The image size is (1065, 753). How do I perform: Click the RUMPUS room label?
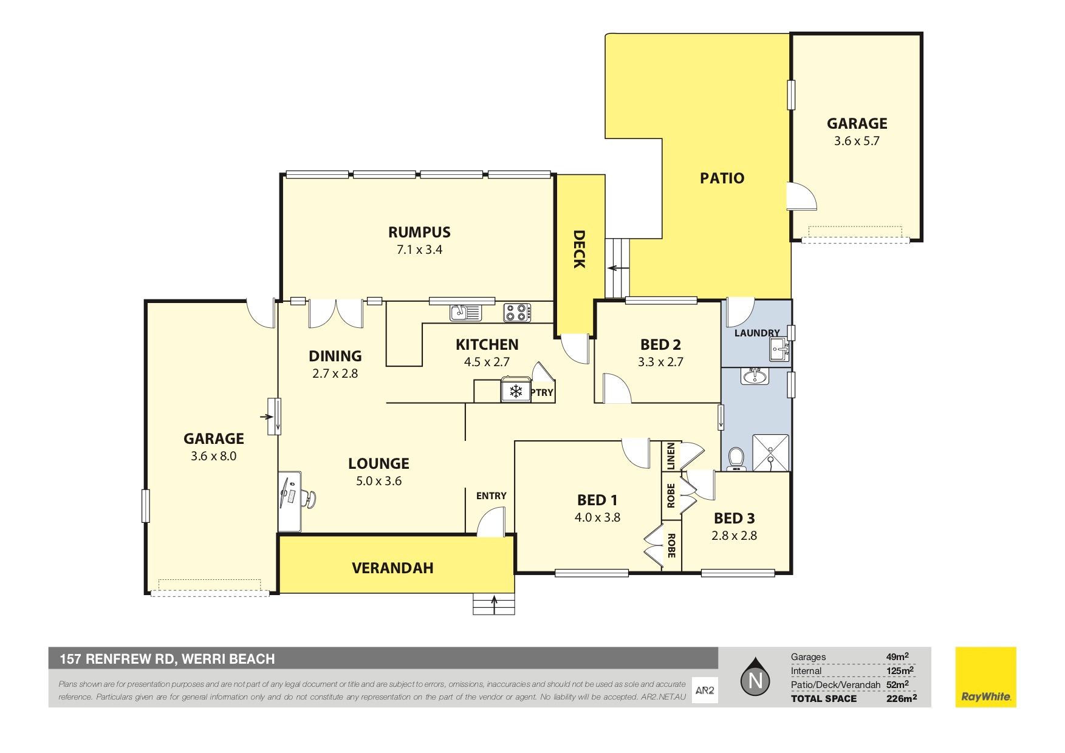pos(419,232)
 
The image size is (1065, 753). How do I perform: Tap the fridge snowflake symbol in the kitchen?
pos(516,391)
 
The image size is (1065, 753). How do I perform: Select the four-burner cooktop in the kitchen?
pos(517,313)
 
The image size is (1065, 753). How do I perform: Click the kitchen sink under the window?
pos(465,312)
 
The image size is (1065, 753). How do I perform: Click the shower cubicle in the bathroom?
pos(771,452)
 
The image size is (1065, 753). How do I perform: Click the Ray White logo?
pos(985,677)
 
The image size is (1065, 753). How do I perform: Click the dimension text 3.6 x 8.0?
pos(213,456)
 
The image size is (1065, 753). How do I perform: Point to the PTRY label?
pos(542,393)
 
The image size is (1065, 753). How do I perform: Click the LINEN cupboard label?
pos(671,455)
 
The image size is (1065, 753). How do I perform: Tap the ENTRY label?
pos(491,496)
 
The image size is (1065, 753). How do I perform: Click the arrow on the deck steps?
pos(617,268)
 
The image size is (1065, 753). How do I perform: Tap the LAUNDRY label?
pos(756,333)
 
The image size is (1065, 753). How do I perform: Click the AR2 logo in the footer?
pos(705,690)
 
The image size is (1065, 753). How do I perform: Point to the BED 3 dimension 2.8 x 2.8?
pos(734,536)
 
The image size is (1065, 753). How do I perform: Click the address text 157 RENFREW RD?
pos(117,659)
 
